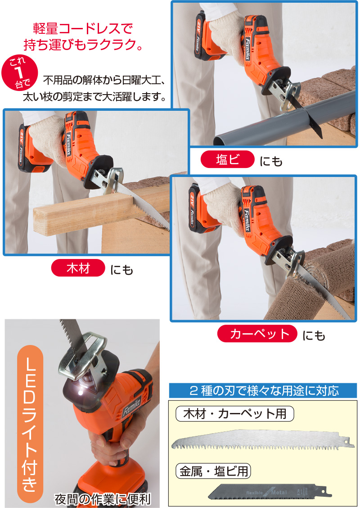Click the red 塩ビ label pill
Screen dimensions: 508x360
coord(228,160)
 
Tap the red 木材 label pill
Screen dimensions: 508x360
coord(78,269)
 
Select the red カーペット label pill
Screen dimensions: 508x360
coord(257,334)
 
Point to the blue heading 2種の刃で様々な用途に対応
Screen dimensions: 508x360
coord(263,390)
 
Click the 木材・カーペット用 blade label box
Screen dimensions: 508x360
coord(234,413)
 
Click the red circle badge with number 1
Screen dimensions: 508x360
coord(18,72)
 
